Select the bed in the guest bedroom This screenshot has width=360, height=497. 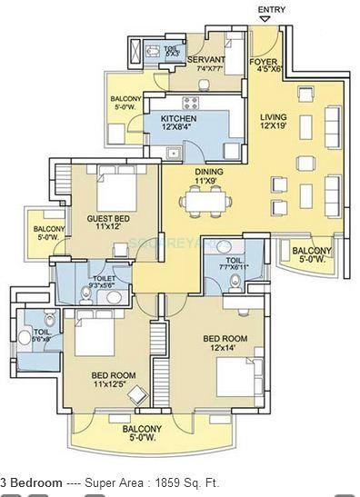(x=117, y=193)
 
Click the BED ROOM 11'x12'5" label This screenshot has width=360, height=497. (x=113, y=378)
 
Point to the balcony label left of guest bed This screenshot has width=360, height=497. (x=46, y=233)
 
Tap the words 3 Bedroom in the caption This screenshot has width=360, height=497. (x=32, y=483)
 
